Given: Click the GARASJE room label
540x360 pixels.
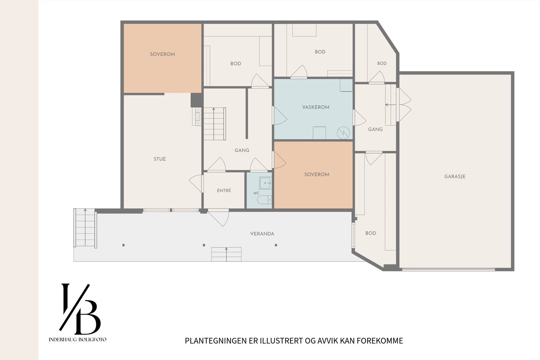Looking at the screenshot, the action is coord(455,176).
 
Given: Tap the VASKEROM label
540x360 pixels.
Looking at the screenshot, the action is coord(316,107).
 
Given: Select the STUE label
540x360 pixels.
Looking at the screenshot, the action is coord(160,159).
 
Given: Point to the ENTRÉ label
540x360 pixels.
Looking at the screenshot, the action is coord(224,190).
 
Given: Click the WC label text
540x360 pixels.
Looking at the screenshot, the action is coord(256,193).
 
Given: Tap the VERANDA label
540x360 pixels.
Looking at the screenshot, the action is coord(262,234).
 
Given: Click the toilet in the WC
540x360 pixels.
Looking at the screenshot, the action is coord(265,200).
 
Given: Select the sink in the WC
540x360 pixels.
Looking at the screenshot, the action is coord(265,183).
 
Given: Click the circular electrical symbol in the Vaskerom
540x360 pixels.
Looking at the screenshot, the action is coord(343,133).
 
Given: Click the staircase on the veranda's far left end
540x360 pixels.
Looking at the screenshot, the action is coord(85,228).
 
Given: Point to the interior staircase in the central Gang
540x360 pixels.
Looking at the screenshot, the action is coord(215,124).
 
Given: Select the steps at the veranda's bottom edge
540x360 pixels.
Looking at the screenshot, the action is coord(226,254).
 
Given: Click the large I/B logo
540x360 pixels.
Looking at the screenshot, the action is coord(80,309).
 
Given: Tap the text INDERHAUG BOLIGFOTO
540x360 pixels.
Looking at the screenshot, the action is coord(77,340).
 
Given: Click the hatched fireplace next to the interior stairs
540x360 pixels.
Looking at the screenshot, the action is coord(197,117).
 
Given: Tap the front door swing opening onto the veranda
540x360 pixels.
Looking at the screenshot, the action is coord(218,217).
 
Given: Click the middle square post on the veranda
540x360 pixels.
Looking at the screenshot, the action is coord(204,245).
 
